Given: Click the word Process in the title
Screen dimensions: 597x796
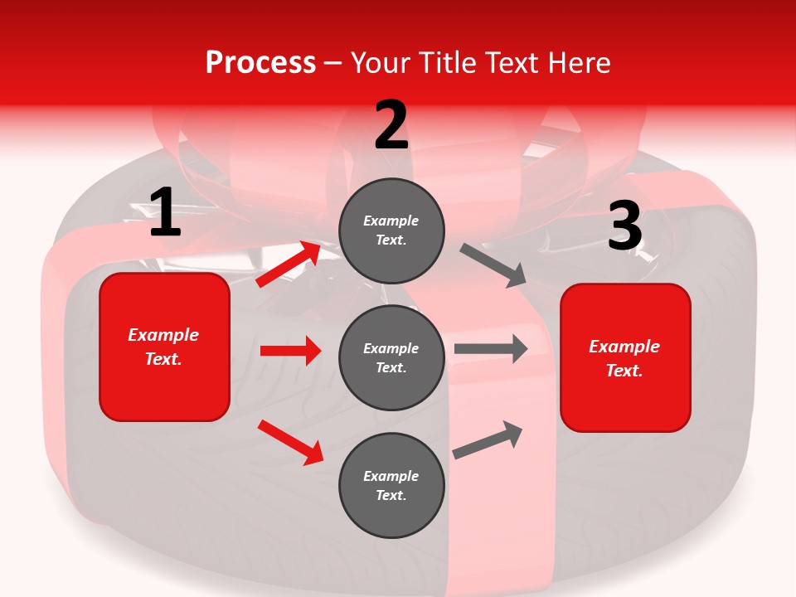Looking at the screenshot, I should [260, 62].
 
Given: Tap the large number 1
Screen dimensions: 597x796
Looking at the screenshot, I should [165, 212].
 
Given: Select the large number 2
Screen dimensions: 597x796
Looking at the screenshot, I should [391, 125].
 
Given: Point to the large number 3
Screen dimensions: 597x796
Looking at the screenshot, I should [625, 227].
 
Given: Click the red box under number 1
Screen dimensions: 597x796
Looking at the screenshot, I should [164, 347].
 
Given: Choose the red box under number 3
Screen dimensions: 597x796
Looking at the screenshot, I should [625, 358].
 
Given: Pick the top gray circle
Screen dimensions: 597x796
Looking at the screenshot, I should [391, 230].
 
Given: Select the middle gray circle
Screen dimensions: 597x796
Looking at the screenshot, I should [391, 357].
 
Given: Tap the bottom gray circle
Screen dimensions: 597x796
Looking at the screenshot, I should [391, 485].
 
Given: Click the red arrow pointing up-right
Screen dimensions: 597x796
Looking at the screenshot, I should [289, 265].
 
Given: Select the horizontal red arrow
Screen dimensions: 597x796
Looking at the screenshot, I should [290, 351].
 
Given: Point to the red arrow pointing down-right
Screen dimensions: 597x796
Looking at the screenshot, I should [290, 441].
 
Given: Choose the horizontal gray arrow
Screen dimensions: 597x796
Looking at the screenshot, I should [491, 349].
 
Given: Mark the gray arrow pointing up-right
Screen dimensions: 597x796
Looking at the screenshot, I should [488, 439].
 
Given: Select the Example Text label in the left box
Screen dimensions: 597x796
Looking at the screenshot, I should [163, 347].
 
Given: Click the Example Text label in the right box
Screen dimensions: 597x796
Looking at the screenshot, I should [624, 358].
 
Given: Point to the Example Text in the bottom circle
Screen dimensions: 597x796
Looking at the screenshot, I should [391, 486].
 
